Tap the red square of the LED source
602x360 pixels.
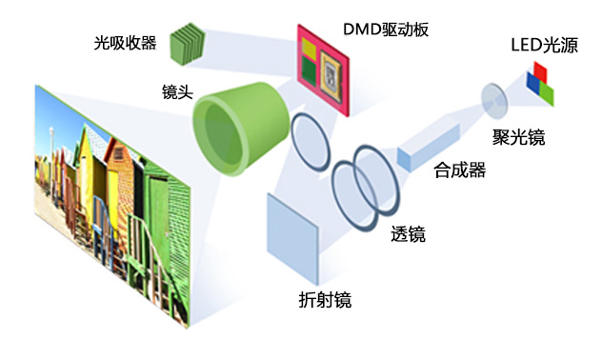click(540, 71)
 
